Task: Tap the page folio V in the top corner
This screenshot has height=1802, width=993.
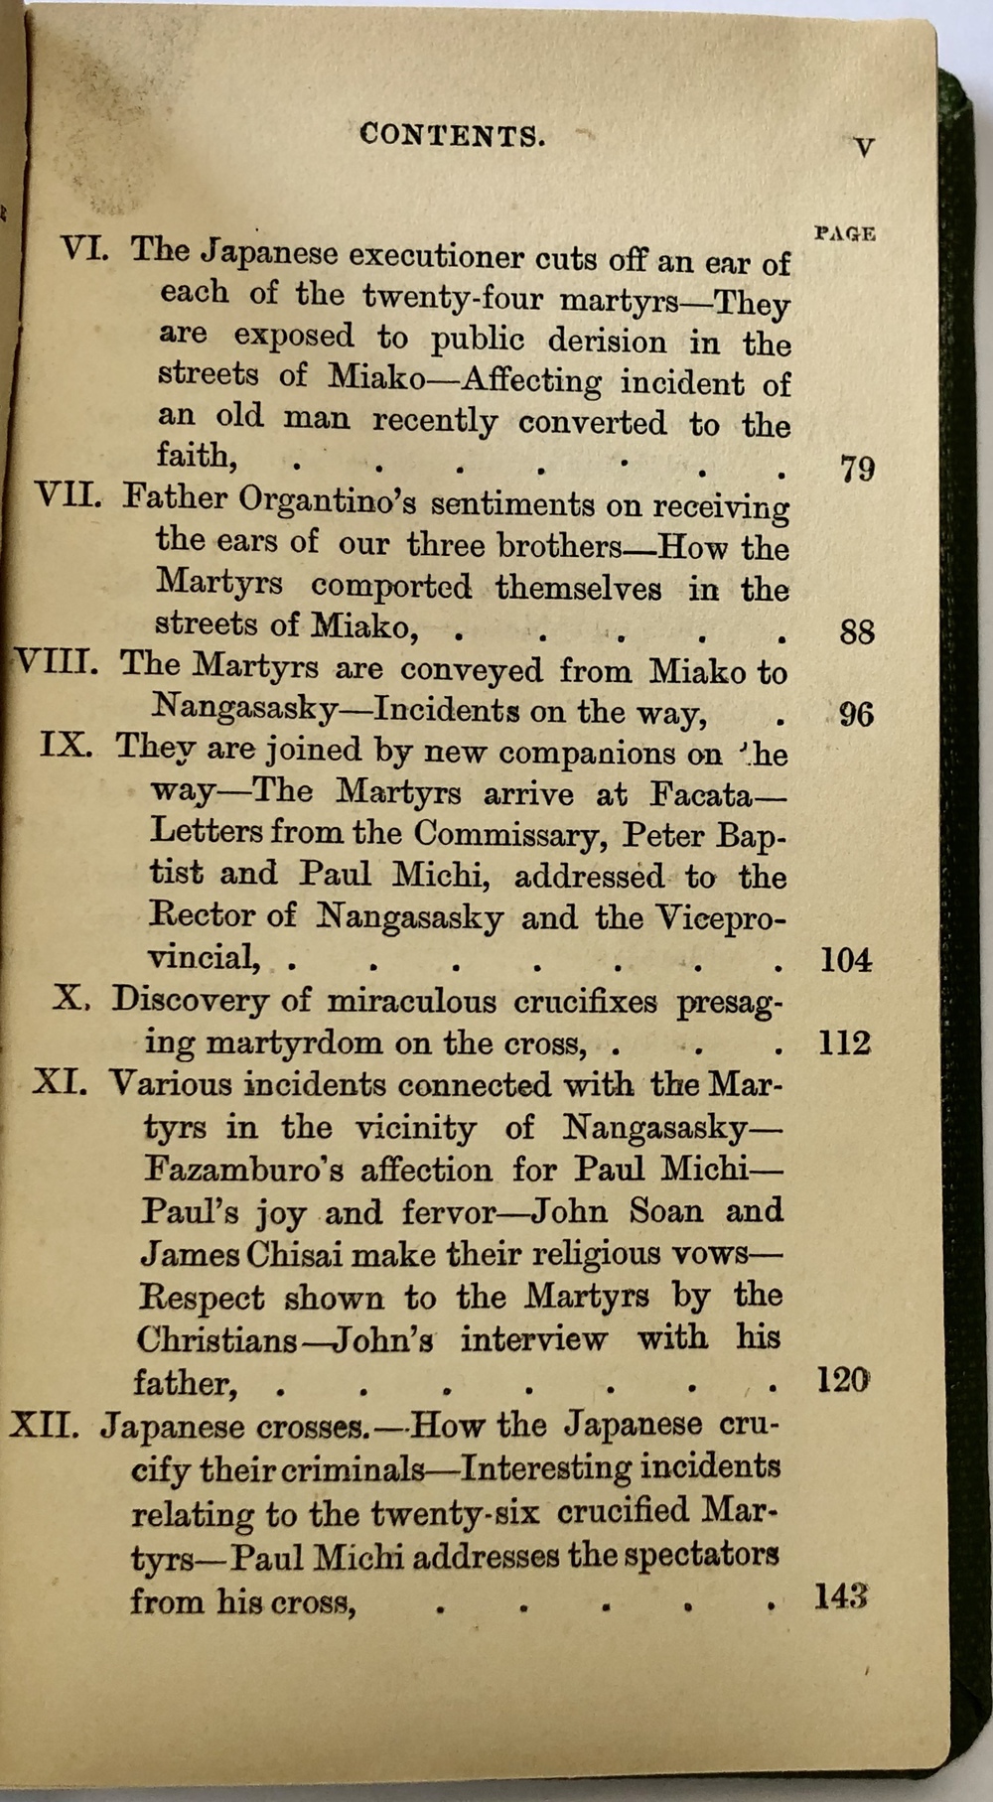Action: tap(864, 148)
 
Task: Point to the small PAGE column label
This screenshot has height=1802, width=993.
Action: tap(844, 234)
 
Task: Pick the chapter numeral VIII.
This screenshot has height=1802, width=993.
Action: tap(56, 662)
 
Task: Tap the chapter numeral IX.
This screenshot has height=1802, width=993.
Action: tap(67, 745)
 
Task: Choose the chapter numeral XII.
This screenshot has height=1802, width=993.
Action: tap(44, 1426)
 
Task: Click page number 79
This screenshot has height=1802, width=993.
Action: tap(856, 468)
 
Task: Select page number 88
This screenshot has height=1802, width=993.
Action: tap(856, 631)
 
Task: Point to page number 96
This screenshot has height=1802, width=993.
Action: tap(856, 715)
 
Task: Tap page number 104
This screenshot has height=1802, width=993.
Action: tap(845, 960)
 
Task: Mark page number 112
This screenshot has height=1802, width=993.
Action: tap(843, 1042)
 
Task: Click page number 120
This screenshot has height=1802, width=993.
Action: tap(842, 1379)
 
